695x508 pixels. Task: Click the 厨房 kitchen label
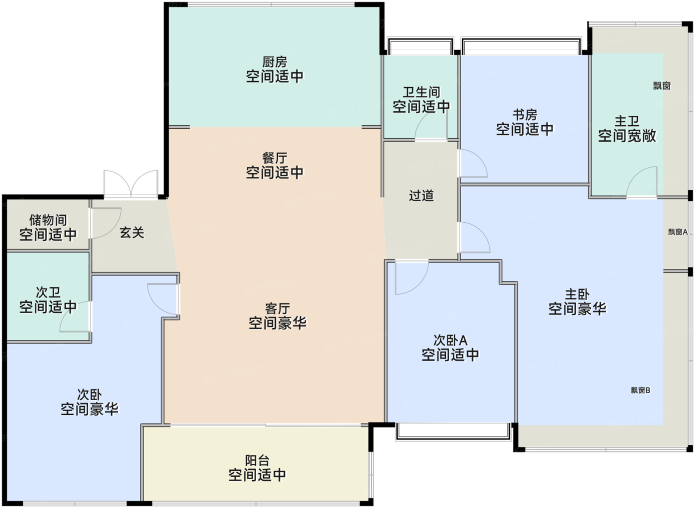(275, 62)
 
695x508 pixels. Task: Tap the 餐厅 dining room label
(275, 158)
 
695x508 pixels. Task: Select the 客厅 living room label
(278, 309)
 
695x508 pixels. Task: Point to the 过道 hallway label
(421, 196)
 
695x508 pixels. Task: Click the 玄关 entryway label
(132, 233)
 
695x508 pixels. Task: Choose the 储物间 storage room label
(48, 220)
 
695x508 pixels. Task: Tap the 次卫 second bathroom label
(48, 292)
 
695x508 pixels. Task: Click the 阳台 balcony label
(257, 460)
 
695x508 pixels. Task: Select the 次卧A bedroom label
(450, 340)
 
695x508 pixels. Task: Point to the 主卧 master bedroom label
(577, 294)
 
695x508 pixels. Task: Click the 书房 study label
(525, 115)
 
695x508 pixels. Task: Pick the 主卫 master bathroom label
(627, 121)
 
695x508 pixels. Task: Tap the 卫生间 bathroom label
(421, 92)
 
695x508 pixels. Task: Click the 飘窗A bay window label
(678, 232)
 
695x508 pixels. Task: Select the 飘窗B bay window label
(640, 390)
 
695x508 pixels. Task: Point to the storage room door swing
(105, 223)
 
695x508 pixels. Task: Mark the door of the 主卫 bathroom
(641, 182)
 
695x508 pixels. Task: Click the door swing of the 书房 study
(473, 164)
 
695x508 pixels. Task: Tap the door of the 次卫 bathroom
(75, 316)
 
